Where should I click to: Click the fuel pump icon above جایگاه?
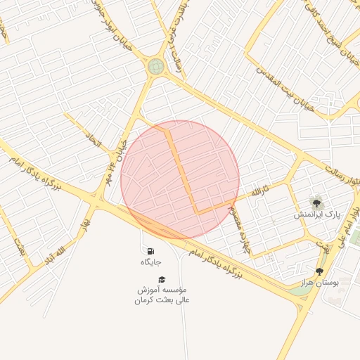[150, 251]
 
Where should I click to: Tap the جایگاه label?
[150, 262]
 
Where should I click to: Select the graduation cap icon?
[162, 279]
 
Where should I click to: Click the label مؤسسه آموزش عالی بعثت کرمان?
[162, 295]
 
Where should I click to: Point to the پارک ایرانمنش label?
[317, 214]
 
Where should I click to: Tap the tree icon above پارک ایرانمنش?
[317, 202]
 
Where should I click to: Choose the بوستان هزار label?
[321, 282]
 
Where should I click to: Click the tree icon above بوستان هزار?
[320, 271]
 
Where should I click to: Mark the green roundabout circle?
[155, 66]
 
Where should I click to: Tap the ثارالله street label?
[262, 191]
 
